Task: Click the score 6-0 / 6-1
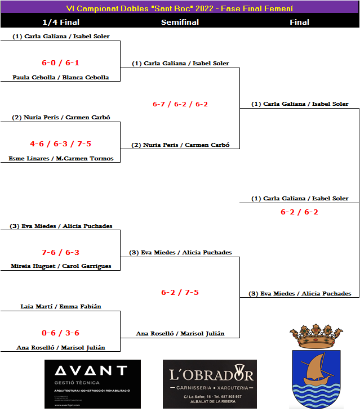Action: coord(60,63)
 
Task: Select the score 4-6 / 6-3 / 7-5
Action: coord(60,144)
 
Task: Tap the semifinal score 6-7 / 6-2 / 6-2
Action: coord(180,104)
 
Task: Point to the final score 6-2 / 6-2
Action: coord(299,212)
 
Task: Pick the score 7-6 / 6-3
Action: coord(60,253)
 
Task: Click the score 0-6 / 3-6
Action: coord(60,333)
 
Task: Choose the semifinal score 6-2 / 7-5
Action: coord(180,293)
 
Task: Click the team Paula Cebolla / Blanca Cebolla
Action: coord(61,78)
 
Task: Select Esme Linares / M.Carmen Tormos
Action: coord(61,159)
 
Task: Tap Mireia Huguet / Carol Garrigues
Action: coord(61,266)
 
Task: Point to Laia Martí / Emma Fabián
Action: coord(61,307)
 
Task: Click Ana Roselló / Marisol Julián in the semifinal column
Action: coord(180,334)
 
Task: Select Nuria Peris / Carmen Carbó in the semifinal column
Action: coord(180,145)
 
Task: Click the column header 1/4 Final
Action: coord(61,23)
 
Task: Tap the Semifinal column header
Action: coord(180,23)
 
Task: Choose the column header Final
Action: coord(299,23)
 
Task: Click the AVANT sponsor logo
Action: coord(92,384)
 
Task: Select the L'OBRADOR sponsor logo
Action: coord(210,384)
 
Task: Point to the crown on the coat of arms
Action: coord(316,337)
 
